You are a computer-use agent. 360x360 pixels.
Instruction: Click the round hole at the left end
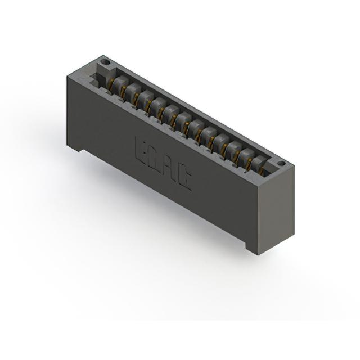(106, 62)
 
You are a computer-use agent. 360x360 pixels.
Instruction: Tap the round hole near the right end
(281, 163)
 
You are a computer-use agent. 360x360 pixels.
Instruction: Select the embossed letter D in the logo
(154, 157)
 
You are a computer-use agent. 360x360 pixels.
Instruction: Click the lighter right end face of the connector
(276, 210)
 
